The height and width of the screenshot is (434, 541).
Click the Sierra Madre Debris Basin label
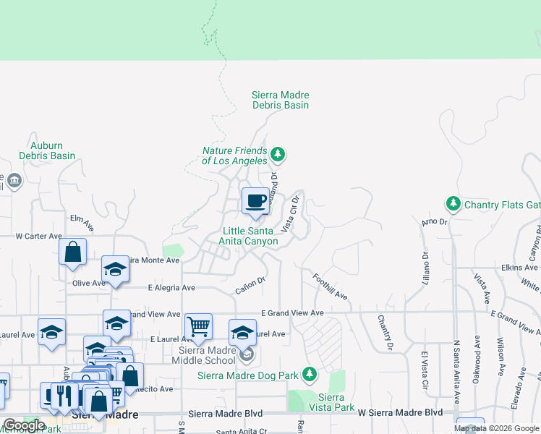pyautogui.click(x=280, y=101)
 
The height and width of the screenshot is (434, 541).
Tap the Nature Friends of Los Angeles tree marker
pyautogui.click(x=277, y=154)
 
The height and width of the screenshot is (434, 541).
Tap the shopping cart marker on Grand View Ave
pyautogui.click(x=198, y=326)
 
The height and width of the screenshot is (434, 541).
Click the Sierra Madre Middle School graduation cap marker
pyautogui.click(x=242, y=333)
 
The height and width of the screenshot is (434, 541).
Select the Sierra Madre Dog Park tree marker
pyautogui.click(x=310, y=374)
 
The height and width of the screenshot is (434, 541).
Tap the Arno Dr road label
pyautogui.click(x=435, y=221)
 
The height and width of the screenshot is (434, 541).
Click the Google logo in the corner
pyautogui.click(x=24, y=425)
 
